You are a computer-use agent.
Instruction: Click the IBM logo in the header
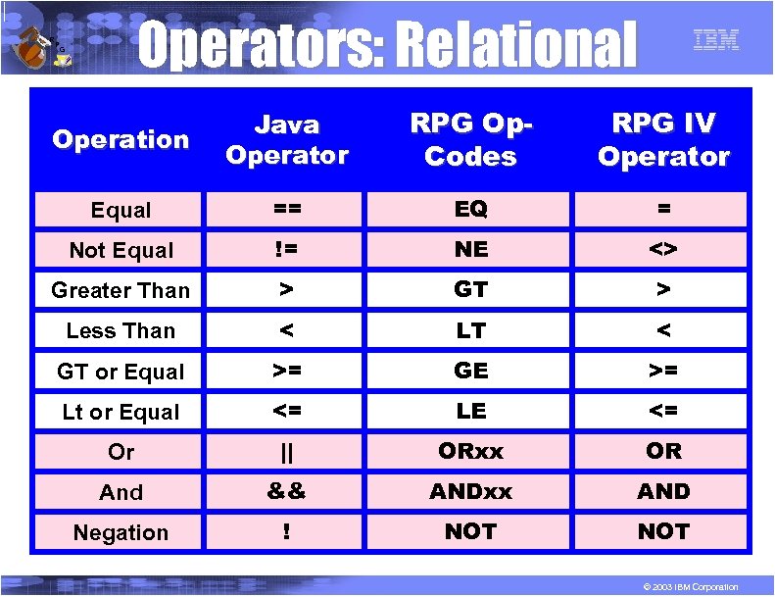click(x=715, y=40)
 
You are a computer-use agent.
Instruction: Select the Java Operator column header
click(x=286, y=139)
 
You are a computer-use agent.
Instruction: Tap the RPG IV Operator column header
click(x=663, y=139)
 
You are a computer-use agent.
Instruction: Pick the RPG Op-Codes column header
click(x=470, y=139)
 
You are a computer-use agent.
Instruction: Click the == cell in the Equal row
click(x=286, y=209)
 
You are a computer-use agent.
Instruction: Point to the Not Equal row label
click(x=121, y=250)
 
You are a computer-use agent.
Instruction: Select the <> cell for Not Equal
click(x=663, y=249)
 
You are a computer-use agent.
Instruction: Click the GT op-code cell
click(x=470, y=289)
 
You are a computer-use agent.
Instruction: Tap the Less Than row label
click(x=121, y=330)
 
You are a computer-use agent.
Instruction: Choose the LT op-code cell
click(x=470, y=330)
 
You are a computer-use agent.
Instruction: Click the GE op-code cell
click(x=470, y=371)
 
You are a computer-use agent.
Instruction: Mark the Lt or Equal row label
click(x=121, y=412)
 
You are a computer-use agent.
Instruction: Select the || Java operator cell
click(x=286, y=452)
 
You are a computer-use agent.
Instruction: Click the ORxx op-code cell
click(x=470, y=451)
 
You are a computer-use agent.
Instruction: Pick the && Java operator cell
click(x=286, y=492)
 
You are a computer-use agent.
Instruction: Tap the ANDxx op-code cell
click(x=470, y=491)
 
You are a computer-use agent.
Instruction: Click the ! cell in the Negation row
click(x=286, y=532)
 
